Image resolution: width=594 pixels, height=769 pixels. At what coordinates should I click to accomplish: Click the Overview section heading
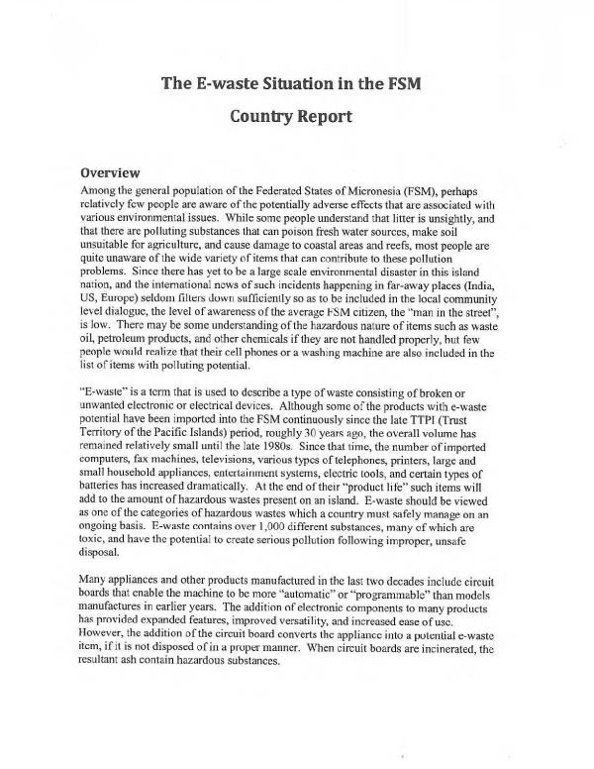[115, 170]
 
